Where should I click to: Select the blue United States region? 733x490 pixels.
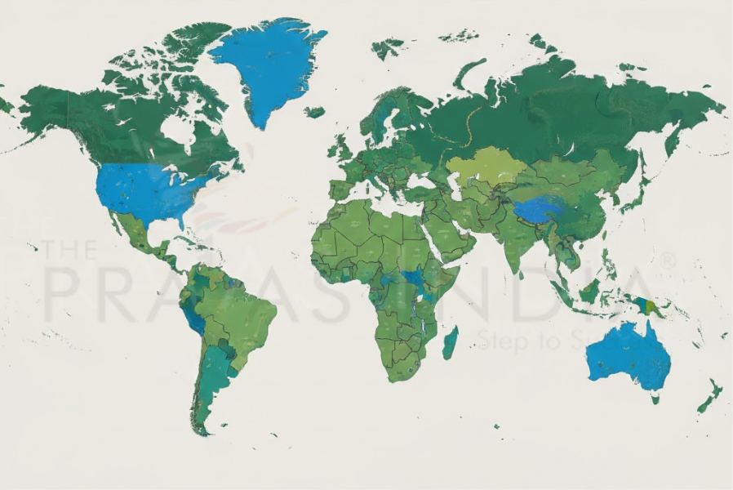coord(147,192)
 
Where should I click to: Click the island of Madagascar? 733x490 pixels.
coord(450,341)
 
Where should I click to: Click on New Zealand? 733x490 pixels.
coord(709,397)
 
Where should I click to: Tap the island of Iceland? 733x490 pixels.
coord(314,112)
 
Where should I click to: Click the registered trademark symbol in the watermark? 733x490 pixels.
coord(668,261)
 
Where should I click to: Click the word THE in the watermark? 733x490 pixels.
coord(69,249)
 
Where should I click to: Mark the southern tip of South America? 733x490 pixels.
coord(201,429)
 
